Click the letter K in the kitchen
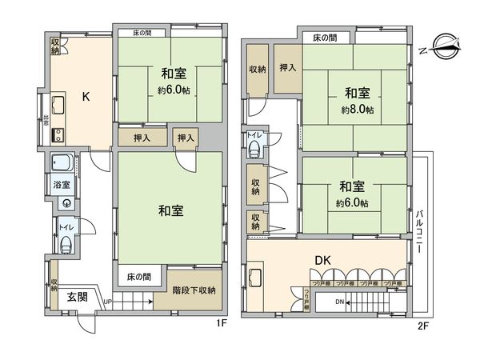[86, 98]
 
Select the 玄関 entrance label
[77, 297]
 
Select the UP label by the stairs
[107, 302]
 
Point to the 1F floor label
[222, 323]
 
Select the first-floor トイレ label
[64, 228]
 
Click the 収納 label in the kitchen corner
[54, 47]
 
